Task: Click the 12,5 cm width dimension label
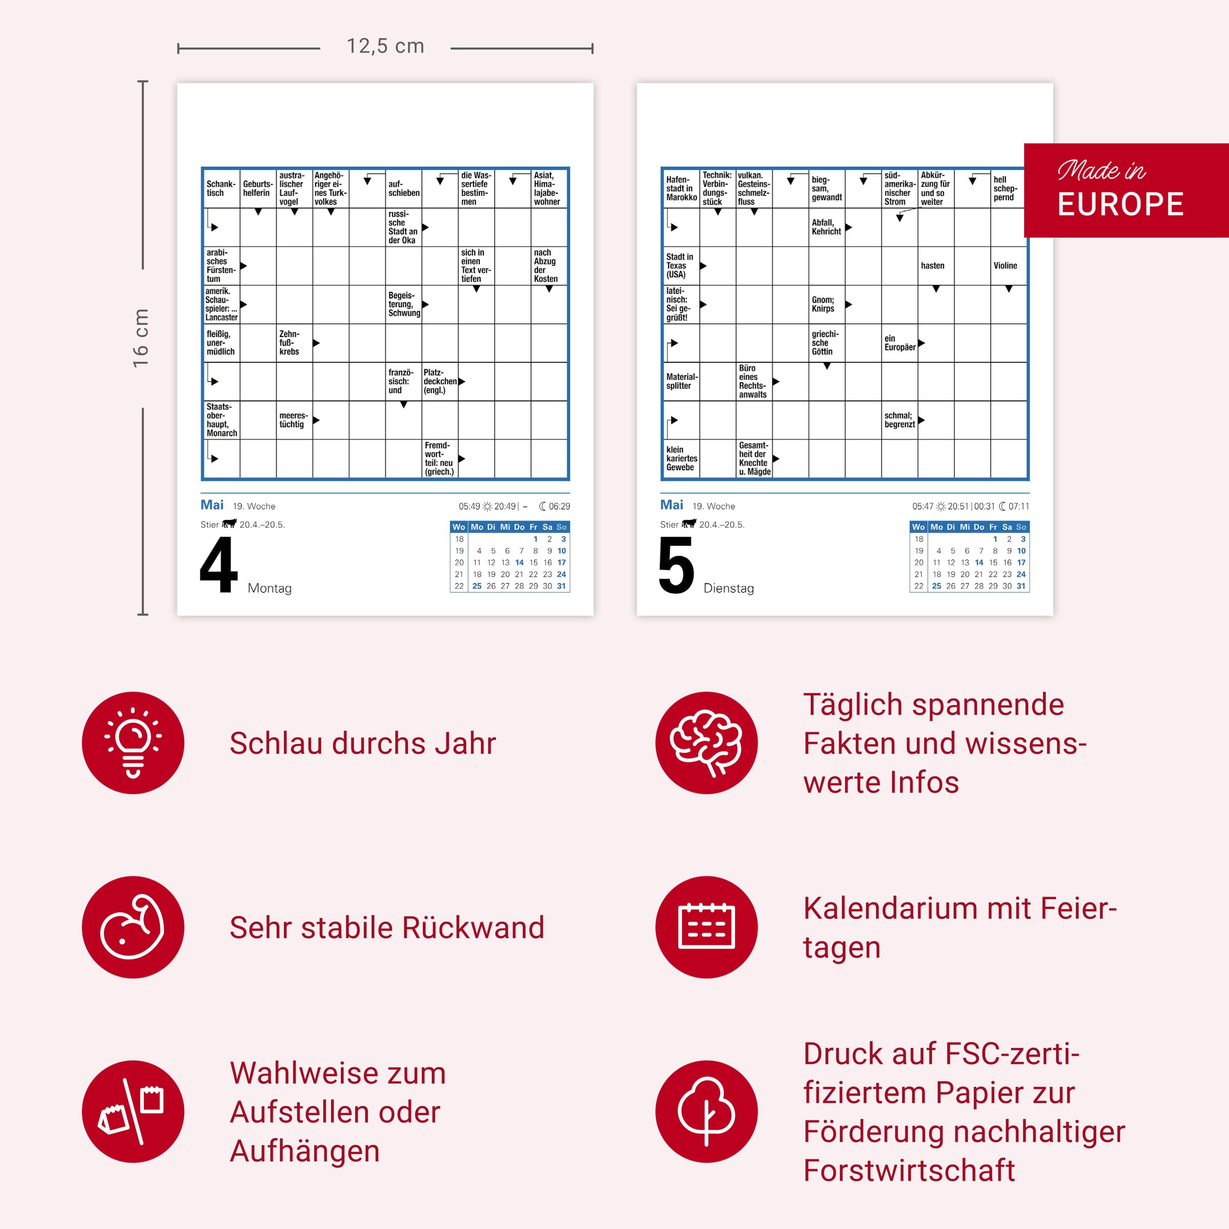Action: (385, 46)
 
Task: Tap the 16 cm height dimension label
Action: (141, 338)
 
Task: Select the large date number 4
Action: (218, 565)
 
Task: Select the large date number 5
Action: (676, 565)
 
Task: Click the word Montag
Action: (270, 588)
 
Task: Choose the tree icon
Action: (706, 1111)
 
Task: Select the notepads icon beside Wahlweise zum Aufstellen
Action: (133, 1111)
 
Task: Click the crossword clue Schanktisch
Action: (221, 188)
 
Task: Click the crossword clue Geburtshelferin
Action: (257, 188)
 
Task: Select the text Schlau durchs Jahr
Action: (363, 743)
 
